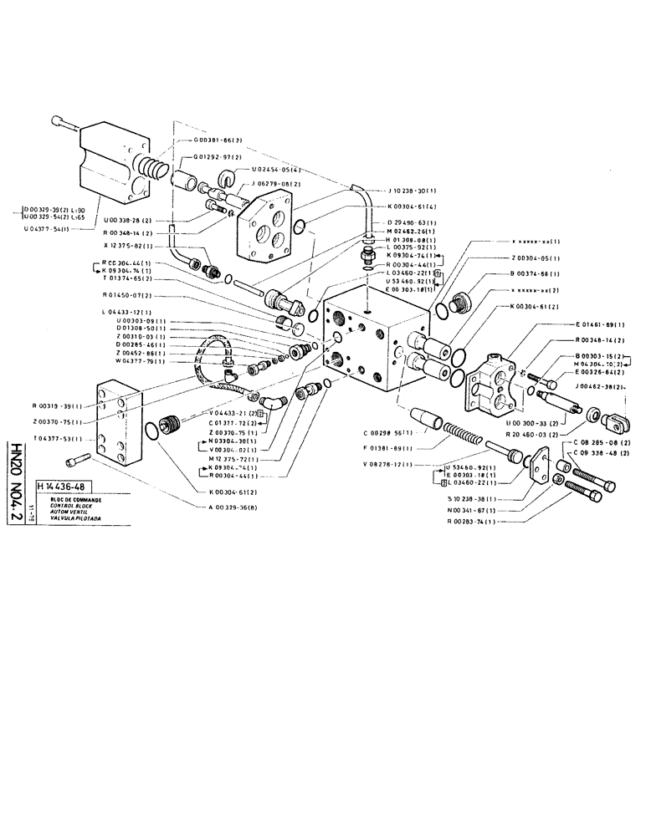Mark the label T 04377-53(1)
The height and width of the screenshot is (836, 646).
click(56, 438)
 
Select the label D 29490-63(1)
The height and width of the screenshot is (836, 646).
click(413, 222)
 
